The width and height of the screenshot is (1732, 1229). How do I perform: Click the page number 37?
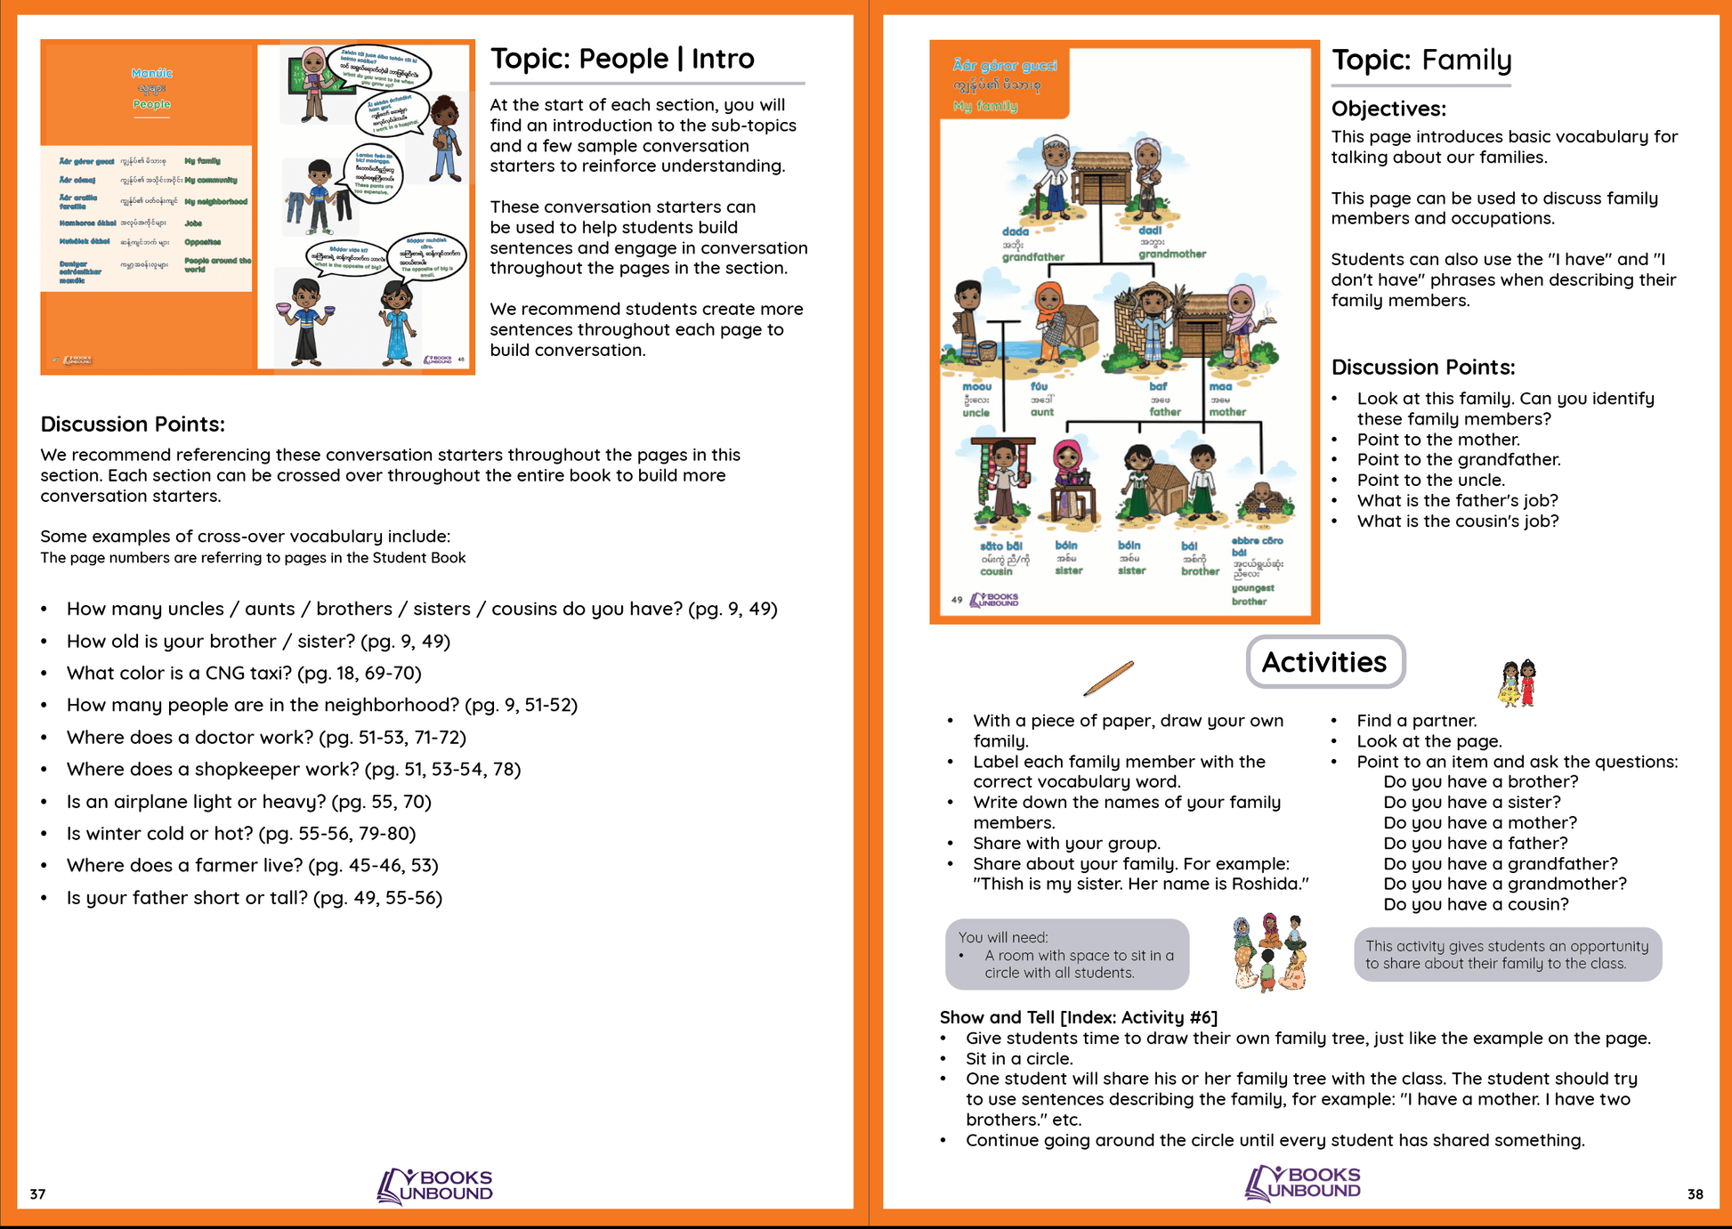tap(37, 1194)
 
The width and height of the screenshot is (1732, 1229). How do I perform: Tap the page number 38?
tap(1695, 1194)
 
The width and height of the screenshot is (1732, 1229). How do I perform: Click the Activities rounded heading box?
tap(1324, 662)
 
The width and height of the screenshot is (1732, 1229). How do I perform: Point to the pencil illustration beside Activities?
tap(1108, 678)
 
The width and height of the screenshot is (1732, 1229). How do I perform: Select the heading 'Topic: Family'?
tap(1421, 61)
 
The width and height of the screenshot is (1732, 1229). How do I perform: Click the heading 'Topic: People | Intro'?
tap(622, 59)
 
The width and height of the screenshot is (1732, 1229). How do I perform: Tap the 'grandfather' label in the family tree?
tap(1032, 257)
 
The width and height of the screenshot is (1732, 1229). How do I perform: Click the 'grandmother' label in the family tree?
tap(1172, 255)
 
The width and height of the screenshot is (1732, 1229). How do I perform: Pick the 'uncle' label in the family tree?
tap(975, 413)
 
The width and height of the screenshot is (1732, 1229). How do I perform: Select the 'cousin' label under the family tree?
tap(996, 571)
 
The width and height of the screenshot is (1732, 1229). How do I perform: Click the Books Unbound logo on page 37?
tap(435, 1185)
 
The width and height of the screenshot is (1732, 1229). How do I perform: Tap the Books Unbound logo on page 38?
tap(1303, 1184)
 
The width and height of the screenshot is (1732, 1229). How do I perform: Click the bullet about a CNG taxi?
tap(244, 674)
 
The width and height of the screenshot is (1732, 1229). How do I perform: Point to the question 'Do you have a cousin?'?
tap(1476, 904)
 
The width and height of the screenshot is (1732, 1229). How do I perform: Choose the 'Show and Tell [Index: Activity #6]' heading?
tap(1078, 1017)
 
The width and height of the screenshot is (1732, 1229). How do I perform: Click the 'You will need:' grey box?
tap(1066, 955)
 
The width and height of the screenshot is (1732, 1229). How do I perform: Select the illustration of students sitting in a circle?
tap(1269, 952)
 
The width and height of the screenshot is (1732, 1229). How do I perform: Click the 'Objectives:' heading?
tap(1388, 109)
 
